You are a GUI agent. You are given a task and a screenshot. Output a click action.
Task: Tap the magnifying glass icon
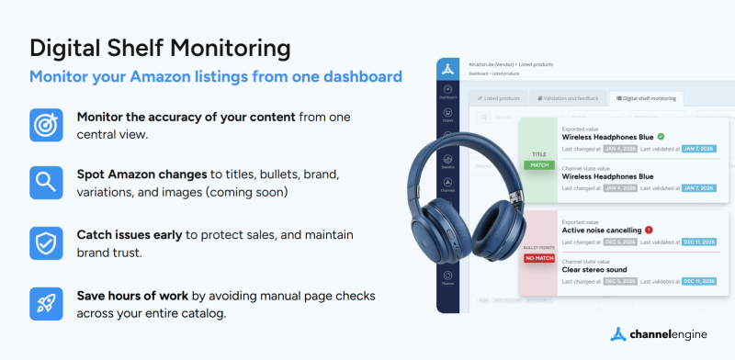coord(45,182)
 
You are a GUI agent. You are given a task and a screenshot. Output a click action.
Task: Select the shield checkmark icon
coord(45,242)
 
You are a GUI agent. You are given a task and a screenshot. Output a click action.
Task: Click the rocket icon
coord(45,302)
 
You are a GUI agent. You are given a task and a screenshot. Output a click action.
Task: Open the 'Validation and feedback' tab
coord(569,97)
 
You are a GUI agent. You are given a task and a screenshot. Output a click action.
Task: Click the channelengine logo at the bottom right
coord(661,334)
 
